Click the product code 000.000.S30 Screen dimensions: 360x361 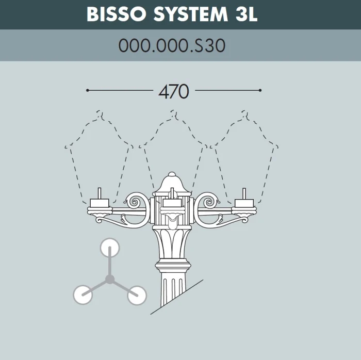pyautogui.click(x=172, y=46)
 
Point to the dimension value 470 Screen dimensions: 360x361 pyautogui.click(x=174, y=91)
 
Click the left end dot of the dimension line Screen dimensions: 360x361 pyautogui.click(x=88, y=90)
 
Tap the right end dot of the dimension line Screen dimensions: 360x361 pyautogui.click(x=260, y=90)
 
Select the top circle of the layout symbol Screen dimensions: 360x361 pyautogui.click(x=110, y=248)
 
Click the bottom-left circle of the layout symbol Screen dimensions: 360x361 pyautogui.click(x=83, y=294)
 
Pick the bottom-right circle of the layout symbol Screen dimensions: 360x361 pyautogui.click(x=137, y=295)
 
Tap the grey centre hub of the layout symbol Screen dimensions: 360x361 pyautogui.click(x=110, y=280)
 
